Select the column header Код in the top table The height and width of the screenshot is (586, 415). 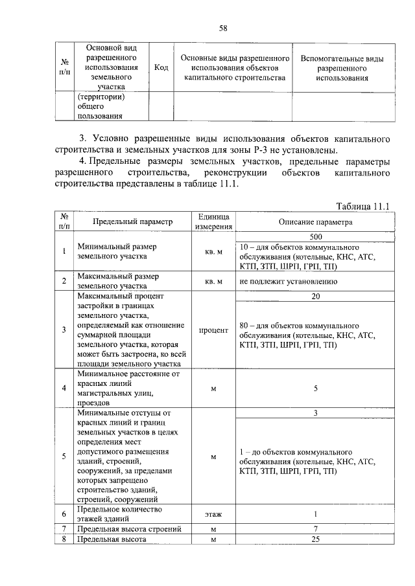pos(162,67)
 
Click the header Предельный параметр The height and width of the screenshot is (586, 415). pos(132,221)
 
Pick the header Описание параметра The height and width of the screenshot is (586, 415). pos(316,221)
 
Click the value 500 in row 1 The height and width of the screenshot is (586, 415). pos(316,237)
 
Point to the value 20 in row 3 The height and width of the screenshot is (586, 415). pos(316,295)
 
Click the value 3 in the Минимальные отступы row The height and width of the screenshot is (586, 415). pos(316,412)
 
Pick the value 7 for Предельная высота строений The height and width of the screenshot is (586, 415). pos(316,530)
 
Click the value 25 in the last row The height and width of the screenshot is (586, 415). pos(316,539)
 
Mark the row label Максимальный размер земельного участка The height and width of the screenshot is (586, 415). pos(117,280)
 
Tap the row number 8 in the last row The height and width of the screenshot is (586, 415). pos(64,539)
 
